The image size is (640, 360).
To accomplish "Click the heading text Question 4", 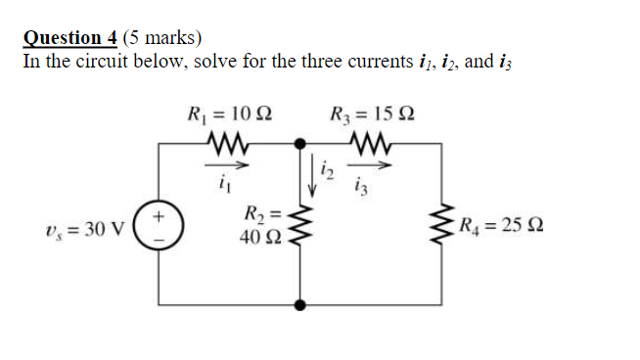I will (70, 38).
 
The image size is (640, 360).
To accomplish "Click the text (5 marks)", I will (162, 38).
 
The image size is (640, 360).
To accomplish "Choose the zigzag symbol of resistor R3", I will (374, 145).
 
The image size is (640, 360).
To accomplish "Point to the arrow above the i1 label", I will (228, 163).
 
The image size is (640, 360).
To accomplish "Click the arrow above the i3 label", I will (380, 164).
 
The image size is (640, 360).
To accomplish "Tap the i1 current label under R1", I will (227, 181).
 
